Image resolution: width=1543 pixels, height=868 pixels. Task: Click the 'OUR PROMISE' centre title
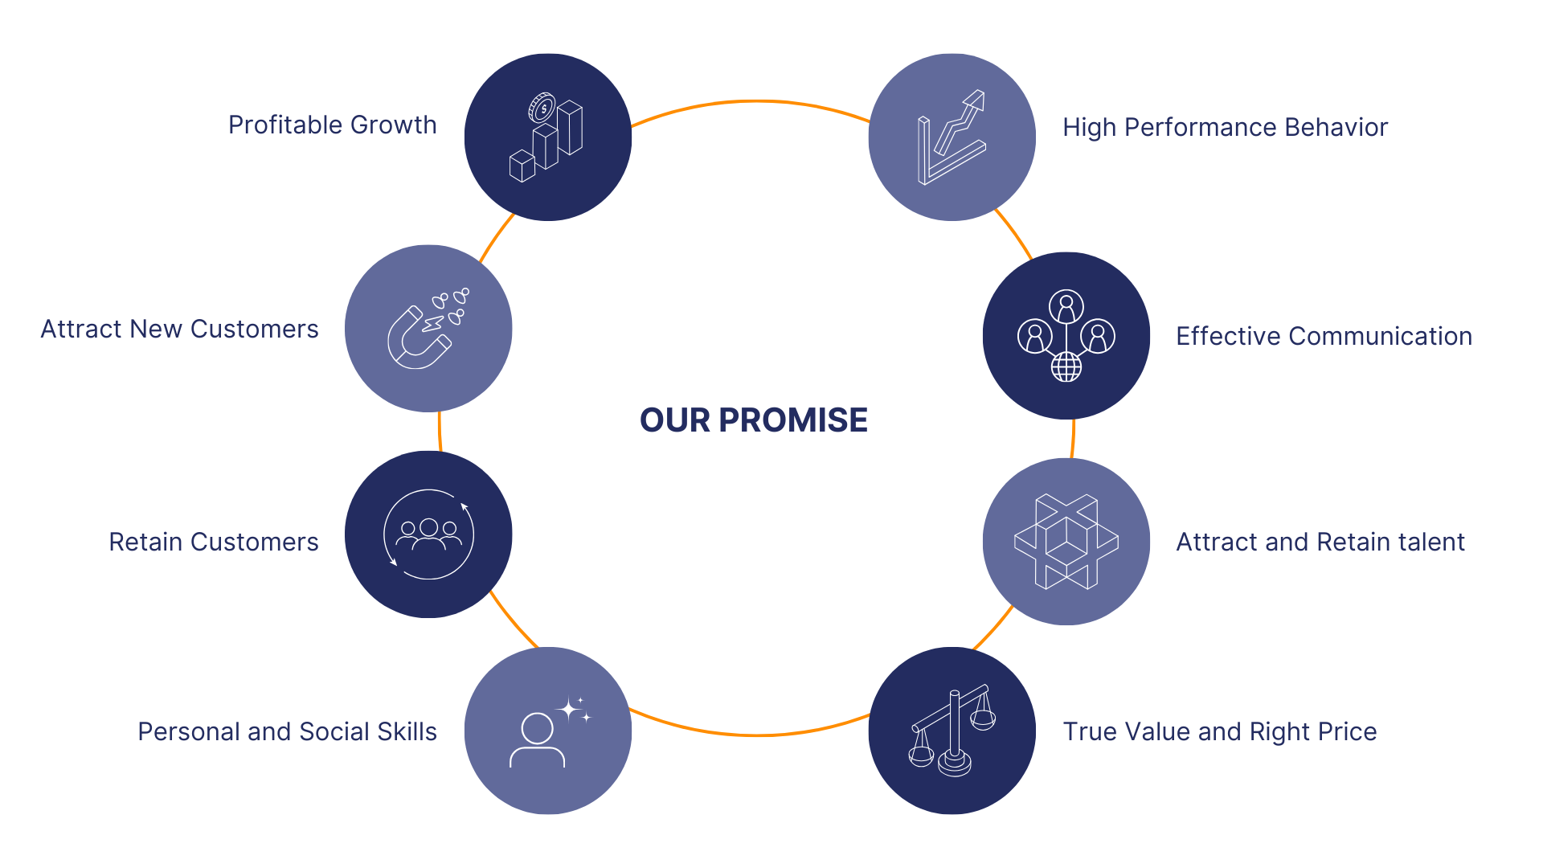(x=753, y=420)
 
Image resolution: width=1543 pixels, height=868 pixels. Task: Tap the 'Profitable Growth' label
(x=333, y=125)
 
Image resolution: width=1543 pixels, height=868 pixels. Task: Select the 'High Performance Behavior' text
(x=1225, y=127)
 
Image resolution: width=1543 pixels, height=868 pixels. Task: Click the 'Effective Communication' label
(x=1324, y=336)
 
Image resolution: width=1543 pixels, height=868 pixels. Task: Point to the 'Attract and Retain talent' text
(x=1320, y=542)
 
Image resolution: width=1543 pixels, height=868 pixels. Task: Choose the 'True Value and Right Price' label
(x=1219, y=731)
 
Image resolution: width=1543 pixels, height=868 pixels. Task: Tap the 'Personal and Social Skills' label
(x=287, y=731)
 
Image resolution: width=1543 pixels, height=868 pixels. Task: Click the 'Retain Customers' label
(x=214, y=542)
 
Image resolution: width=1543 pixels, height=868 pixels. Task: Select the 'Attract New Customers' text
(x=179, y=329)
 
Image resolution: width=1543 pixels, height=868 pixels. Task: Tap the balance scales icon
(x=952, y=731)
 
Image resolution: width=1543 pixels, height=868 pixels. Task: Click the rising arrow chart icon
(x=952, y=138)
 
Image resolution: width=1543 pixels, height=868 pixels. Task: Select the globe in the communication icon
(x=1066, y=367)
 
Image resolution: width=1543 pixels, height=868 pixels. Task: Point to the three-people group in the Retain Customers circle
(x=429, y=534)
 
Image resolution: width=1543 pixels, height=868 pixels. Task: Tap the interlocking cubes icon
(x=1066, y=542)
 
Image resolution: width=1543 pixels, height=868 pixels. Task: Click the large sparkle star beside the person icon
(x=569, y=709)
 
